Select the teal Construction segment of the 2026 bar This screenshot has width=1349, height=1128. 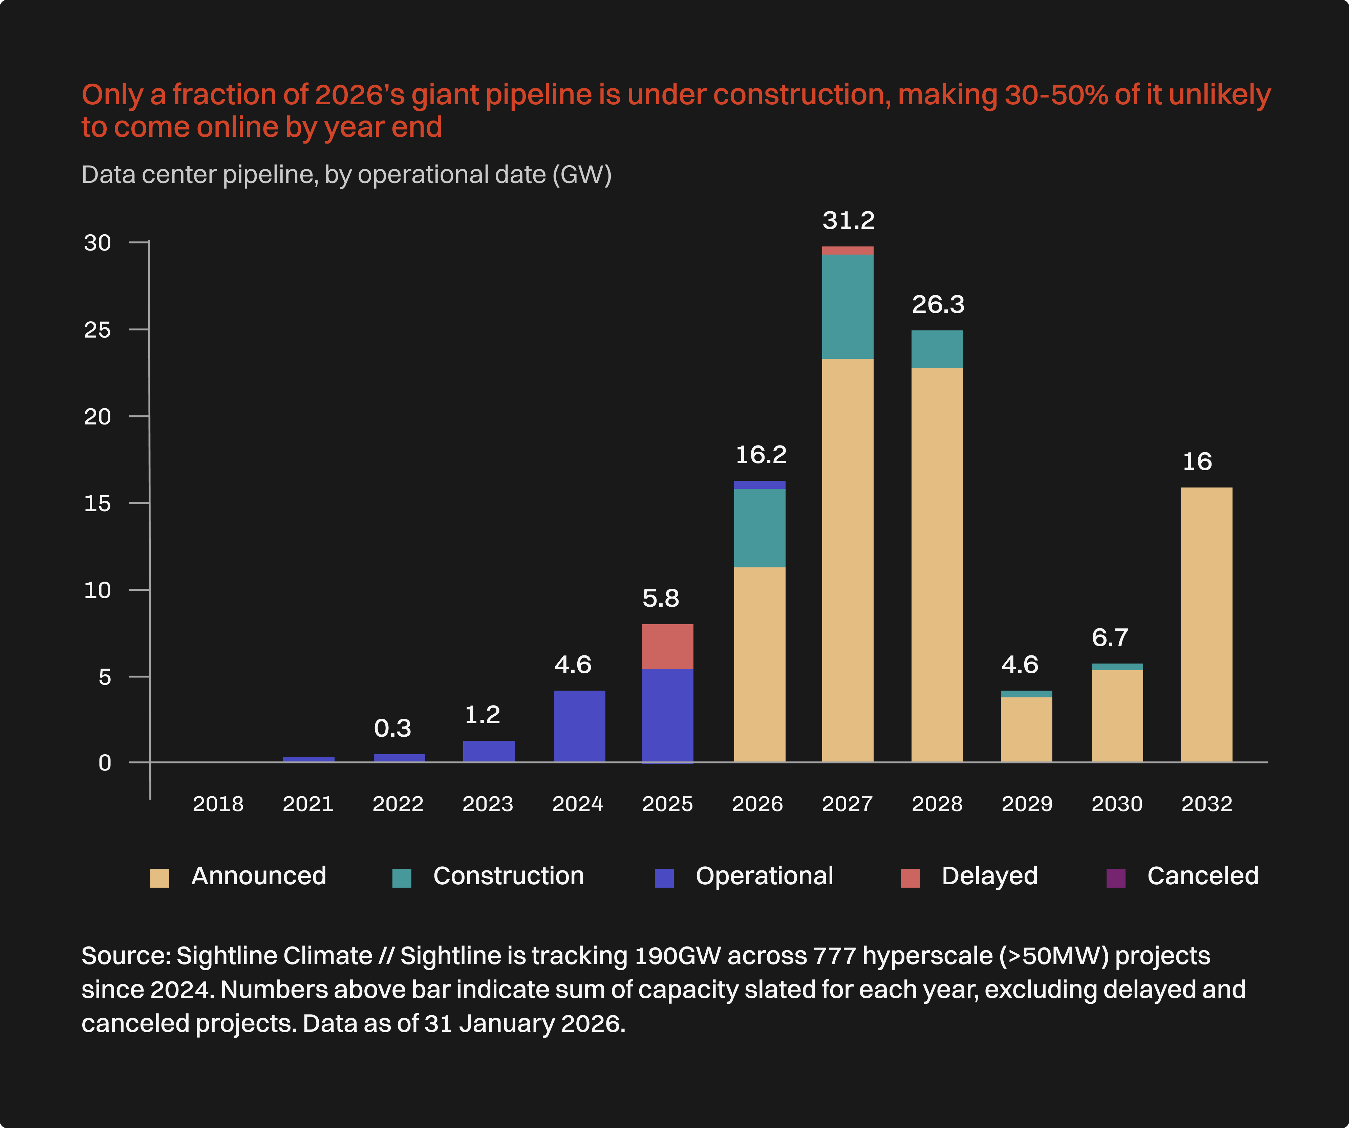[x=759, y=528]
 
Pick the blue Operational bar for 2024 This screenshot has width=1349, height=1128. [x=579, y=726]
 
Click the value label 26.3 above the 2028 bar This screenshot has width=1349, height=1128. [x=938, y=304]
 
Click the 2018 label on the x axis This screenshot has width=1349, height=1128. [x=218, y=804]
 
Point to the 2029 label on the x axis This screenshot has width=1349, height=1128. [x=1027, y=804]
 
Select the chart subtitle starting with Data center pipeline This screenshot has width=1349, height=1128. [x=346, y=175]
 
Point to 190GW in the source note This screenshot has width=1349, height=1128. [x=677, y=956]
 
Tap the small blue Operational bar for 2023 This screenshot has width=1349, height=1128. [x=488, y=751]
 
